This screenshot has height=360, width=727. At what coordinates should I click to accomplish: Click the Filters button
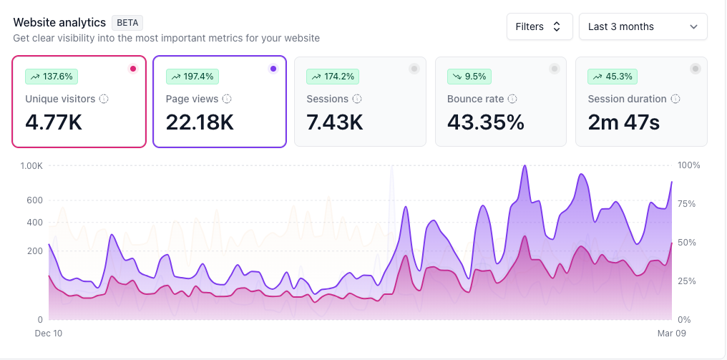tap(539, 26)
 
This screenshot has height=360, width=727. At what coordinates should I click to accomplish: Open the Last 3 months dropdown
tap(643, 26)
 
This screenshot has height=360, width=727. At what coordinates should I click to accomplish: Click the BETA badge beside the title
tap(127, 22)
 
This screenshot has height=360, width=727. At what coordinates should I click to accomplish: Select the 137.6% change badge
tap(52, 76)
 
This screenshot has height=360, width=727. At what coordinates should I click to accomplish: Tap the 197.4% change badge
tap(192, 76)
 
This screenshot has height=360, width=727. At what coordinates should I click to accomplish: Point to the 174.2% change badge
tap(332, 76)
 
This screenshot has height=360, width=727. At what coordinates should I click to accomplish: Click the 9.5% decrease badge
tap(469, 76)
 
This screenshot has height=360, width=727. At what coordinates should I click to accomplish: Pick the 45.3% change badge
tap(613, 76)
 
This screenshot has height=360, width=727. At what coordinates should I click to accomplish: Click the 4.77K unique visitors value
tap(54, 122)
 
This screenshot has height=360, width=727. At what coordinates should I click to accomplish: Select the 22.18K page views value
tap(200, 122)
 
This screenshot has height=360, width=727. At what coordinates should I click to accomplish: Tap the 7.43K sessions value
tap(335, 122)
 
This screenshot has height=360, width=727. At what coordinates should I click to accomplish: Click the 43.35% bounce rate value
tap(486, 122)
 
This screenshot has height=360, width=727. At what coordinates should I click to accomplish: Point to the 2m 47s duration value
tap(624, 122)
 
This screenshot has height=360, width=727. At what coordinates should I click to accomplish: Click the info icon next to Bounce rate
tap(512, 99)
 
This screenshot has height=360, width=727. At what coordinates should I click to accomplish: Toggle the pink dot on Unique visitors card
tap(133, 69)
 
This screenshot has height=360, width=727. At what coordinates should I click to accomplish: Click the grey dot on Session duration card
tap(695, 69)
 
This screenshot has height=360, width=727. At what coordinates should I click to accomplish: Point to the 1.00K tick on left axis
tap(31, 165)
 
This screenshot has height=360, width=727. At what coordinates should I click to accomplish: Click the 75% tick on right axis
tap(688, 204)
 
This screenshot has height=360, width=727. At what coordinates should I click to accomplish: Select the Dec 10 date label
tap(49, 333)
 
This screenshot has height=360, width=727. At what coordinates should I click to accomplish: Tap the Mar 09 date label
tap(672, 333)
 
